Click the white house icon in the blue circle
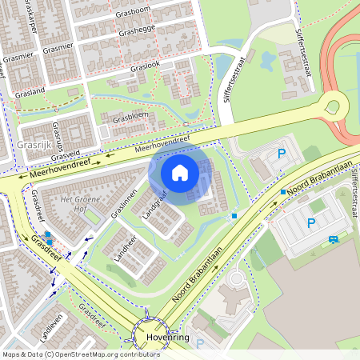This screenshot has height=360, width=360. tap(180, 172)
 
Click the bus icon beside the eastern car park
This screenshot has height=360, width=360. tap(333, 238)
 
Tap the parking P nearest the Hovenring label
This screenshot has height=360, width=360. tap(200, 345)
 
